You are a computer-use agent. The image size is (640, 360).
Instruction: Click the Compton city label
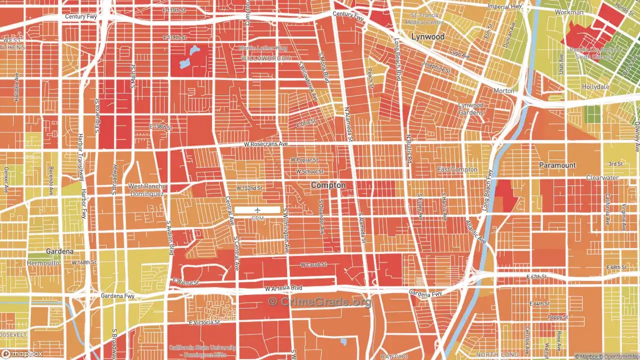click(x=328, y=185)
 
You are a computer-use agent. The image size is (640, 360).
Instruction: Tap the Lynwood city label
click(x=427, y=37)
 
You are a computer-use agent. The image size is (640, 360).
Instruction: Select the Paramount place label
click(x=557, y=165)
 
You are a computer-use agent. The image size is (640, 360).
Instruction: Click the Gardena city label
click(x=59, y=251)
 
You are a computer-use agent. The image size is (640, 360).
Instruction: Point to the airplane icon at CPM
click(x=257, y=210)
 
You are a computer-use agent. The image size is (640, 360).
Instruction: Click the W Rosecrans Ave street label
click(x=266, y=144)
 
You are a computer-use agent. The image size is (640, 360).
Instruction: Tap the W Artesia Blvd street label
click(x=283, y=288)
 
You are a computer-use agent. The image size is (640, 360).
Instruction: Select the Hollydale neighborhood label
click(x=595, y=86)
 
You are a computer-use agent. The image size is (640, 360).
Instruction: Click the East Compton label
click(x=457, y=169)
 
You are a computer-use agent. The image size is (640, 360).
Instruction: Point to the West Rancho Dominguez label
click(x=147, y=190)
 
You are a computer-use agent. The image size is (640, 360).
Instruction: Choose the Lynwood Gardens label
click(x=471, y=109)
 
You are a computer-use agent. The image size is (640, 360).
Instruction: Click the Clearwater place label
click(x=602, y=178)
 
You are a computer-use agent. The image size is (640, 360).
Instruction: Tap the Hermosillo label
click(x=43, y=263)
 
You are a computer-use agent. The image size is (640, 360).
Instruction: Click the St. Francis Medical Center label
click(x=424, y=19)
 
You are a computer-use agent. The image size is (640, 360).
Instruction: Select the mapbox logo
click(x=22, y=353)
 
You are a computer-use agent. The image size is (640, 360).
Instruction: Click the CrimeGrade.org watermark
click(x=320, y=301)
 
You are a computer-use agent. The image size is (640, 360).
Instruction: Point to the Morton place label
click(x=503, y=91)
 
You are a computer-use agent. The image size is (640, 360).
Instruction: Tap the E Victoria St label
click(x=204, y=322)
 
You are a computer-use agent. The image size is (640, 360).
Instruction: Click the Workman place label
click(x=569, y=12)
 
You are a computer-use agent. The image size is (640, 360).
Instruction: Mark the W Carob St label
click(x=313, y=264)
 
